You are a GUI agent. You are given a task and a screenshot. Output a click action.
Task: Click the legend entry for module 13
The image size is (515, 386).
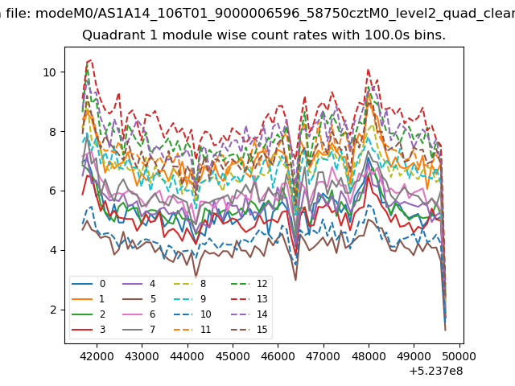coord(249,299)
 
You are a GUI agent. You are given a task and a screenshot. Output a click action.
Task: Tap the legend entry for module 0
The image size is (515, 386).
coord(89,284)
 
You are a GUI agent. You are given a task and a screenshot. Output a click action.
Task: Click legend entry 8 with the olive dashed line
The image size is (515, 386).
coord(190,284)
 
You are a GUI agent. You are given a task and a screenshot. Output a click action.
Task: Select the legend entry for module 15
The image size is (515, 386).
coord(249,330)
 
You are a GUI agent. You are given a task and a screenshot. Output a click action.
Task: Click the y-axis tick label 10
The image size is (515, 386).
coord(50,72)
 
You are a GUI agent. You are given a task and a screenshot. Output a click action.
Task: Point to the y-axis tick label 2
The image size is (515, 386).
coord(53,310)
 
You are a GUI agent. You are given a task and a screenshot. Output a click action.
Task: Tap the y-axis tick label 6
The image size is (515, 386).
coord(53,191)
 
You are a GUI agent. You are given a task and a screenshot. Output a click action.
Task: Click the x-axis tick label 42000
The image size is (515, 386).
coord(97,356)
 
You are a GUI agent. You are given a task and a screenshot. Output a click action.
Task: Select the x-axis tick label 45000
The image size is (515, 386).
coord(233,356)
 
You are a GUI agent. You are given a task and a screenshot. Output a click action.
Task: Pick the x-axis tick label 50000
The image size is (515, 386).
coord(459,356)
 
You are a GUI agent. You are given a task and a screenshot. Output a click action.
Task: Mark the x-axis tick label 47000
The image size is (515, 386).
coord(323,356)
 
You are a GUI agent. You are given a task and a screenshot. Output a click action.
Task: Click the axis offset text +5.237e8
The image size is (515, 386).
coord(436,372)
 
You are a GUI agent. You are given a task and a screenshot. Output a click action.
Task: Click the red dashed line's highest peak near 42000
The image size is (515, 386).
coord(91,60)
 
